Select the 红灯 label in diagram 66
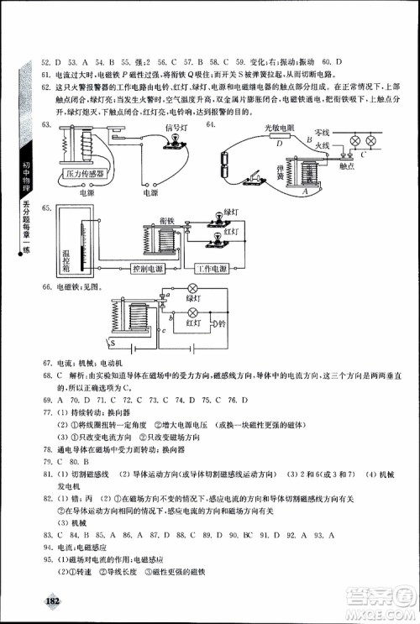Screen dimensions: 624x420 [192, 322]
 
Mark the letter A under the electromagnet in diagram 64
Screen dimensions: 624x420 [303, 191]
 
